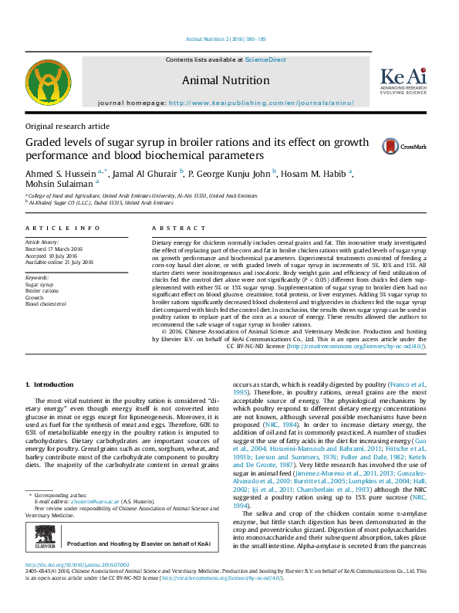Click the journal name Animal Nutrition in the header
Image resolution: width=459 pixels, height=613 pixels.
click(225, 80)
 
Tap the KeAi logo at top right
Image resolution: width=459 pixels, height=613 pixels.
click(403, 80)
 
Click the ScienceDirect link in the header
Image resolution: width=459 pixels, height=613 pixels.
click(265, 59)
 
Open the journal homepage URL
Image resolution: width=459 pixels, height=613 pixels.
click(261, 103)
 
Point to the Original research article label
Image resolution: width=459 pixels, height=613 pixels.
click(67, 126)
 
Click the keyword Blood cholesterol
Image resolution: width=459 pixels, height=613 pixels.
click(48, 303)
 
